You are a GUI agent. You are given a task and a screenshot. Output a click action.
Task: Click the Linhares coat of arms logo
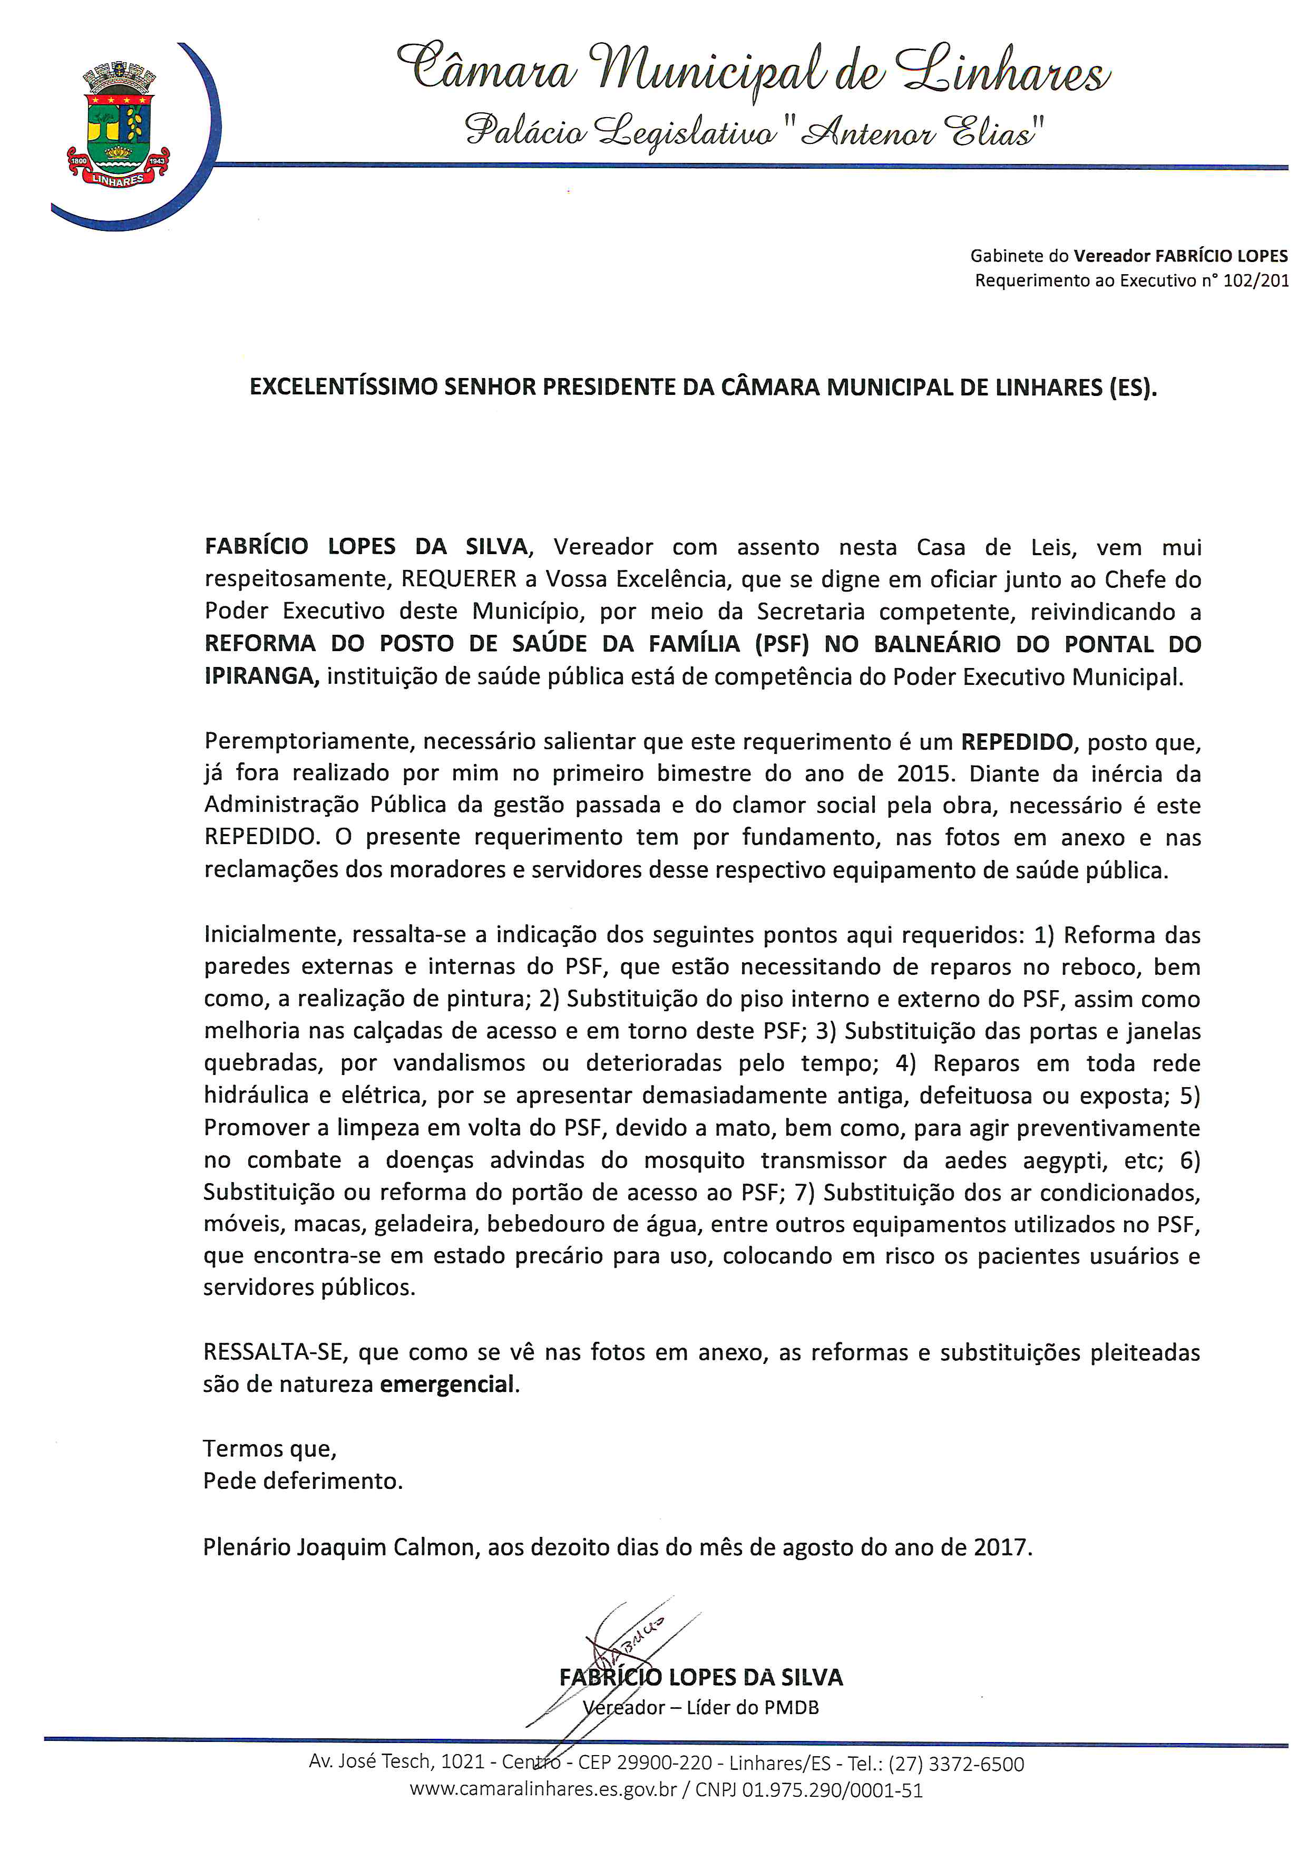(x=118, y=127)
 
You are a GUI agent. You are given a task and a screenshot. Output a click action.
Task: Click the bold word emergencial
(x=447, y=1385)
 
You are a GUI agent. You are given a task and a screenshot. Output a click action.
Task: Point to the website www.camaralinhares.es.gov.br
(x=543, y=1790)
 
